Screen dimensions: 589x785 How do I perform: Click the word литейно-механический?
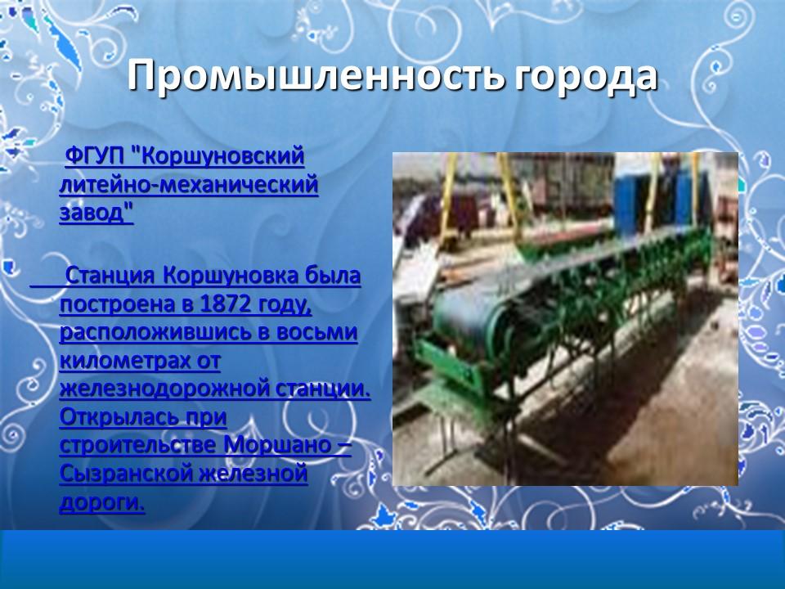(x=188, y=185)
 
